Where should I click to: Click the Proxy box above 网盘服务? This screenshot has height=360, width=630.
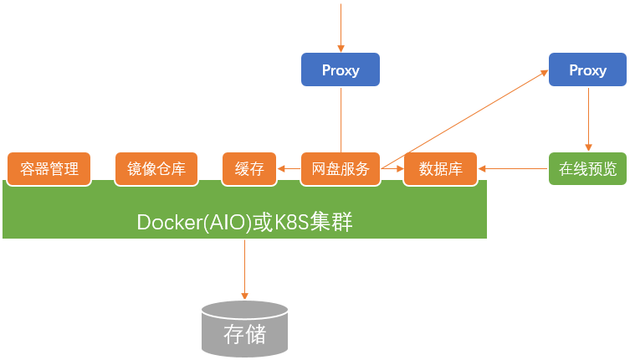(341, 69)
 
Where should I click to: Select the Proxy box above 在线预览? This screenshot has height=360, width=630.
(587, 69)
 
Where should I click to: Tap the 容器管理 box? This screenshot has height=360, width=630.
(49, 168)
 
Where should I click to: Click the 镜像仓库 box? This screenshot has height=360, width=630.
(156, 168)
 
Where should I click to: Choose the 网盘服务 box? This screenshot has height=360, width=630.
(341, 168)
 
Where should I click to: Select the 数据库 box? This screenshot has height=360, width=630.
(440, 168)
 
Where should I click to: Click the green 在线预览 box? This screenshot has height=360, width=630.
(587, 168)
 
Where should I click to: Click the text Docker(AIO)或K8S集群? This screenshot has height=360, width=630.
(243, 222)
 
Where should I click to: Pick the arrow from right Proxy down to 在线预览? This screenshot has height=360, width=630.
(587, 117)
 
